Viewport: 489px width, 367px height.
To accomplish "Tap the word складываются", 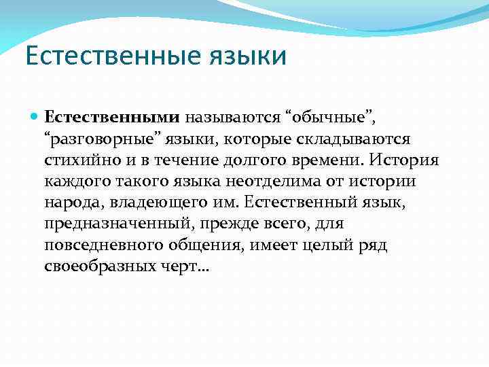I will pyautogui.click(x=355, y=139).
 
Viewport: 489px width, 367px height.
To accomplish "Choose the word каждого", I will pyautogui.click(x=77, y=181).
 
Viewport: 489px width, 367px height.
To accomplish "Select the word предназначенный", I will pyautogui.click(x=109, y=224).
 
